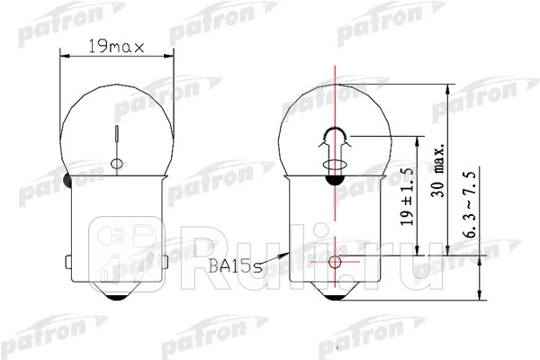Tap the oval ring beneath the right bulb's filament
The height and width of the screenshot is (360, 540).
(334, 165)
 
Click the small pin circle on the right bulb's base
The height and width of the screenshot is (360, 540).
(335, 262)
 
